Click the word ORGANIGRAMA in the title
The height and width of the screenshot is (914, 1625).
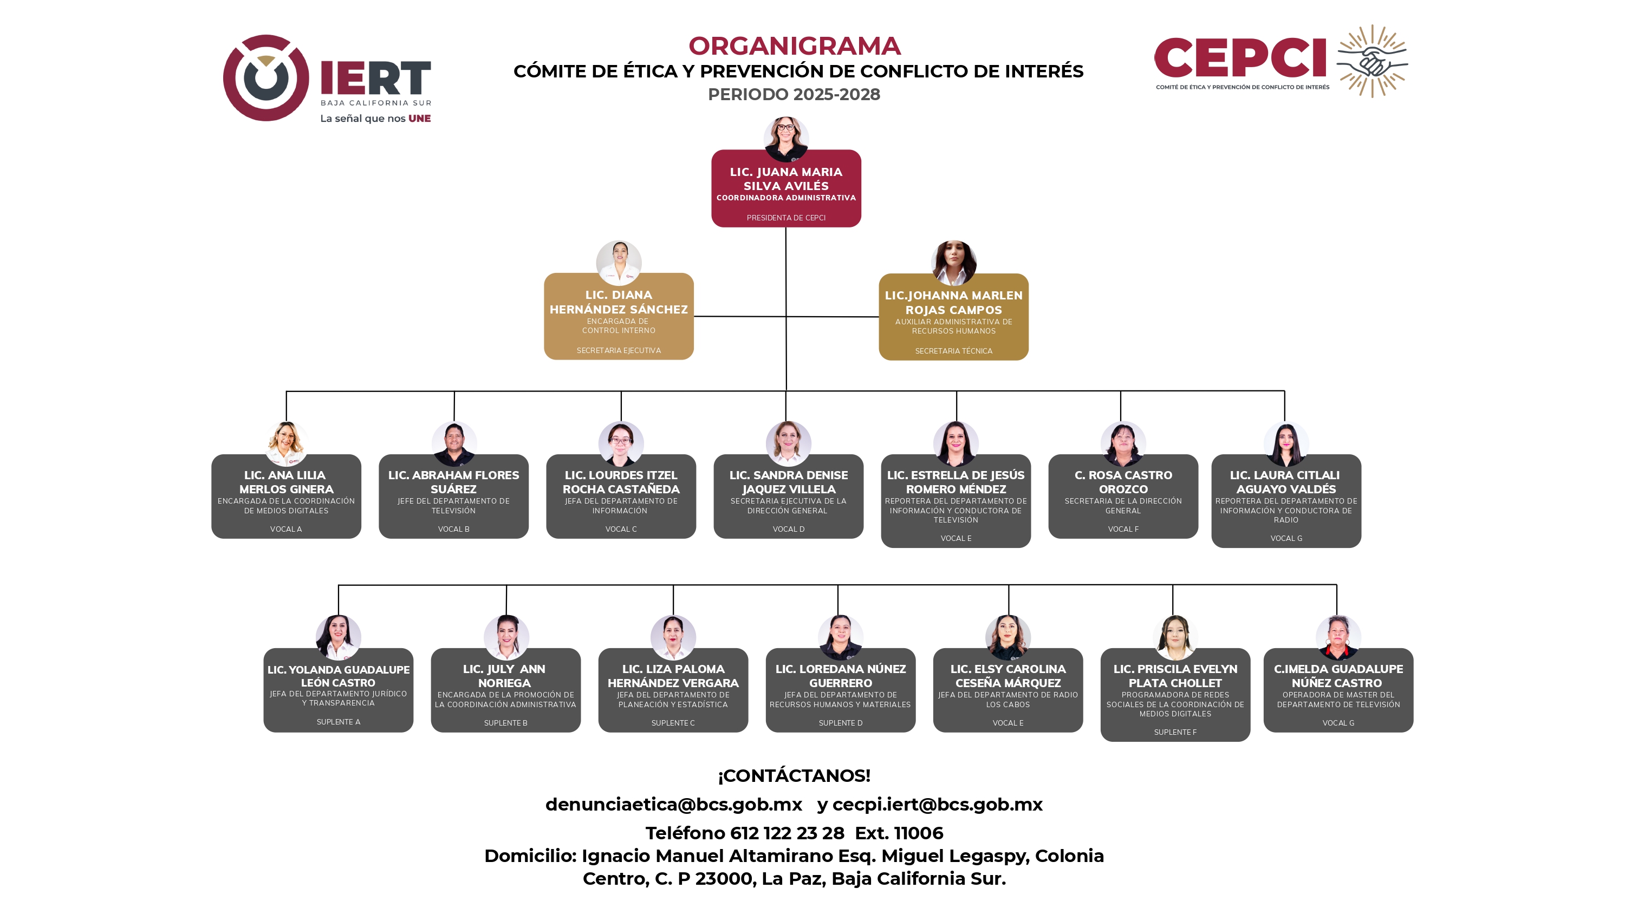(x=794, y=46)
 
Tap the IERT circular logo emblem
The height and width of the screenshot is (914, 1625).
(x=266, y=77)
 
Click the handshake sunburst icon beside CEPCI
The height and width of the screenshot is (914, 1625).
(x=1373, y=61)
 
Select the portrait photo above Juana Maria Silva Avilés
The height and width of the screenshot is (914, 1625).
(x=786, y=138)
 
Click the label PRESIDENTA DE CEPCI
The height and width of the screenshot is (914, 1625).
(x=786, y=218)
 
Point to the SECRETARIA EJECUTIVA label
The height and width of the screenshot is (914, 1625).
(x=618, y=351)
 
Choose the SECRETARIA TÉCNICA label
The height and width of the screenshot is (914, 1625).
(x=953, y=351)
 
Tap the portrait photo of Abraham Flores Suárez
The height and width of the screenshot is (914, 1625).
(x=454, y=443)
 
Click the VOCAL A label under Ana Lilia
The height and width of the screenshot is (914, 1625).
(x=286, y=529)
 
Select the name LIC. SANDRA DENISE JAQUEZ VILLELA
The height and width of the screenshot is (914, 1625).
(x=789, y=482)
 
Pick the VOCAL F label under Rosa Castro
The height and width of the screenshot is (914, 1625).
(x=1123, y=529)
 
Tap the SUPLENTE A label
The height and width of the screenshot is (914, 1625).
(x=338, y=722)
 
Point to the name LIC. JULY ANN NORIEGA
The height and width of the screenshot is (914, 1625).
(x=505, y=676)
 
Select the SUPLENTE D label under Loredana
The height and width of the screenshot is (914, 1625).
(x=840, y=723)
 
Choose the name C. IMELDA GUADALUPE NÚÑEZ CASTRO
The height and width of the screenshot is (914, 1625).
(x=1338, y=676)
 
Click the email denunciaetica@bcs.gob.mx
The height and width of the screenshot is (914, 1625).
(x=674, y=805)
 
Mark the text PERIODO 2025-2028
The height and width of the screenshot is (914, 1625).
(x=794, y=95)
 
